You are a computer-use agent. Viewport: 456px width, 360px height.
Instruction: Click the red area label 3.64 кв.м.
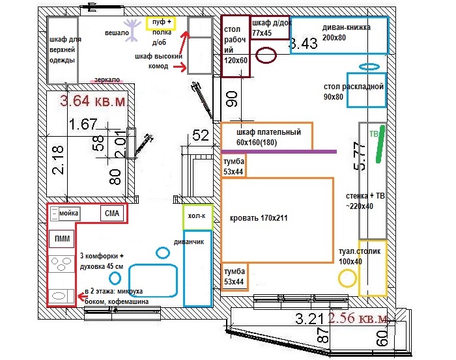click(93, 102)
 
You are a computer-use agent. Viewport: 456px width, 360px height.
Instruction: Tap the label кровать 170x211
click(259, 218)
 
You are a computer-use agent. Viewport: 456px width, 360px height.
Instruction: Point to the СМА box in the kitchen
click(110, 213)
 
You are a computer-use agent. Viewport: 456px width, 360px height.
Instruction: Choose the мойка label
click(68, 213)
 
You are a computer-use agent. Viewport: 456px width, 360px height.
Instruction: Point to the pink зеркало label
click(107, 79)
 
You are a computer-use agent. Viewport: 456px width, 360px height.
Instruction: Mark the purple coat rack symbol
click(134, 27)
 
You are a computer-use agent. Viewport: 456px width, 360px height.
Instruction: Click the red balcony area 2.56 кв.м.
click(360, 318)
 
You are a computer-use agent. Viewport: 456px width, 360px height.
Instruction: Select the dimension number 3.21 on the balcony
click(310, 320)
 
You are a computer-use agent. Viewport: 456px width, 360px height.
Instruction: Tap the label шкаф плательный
click(264, 133)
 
